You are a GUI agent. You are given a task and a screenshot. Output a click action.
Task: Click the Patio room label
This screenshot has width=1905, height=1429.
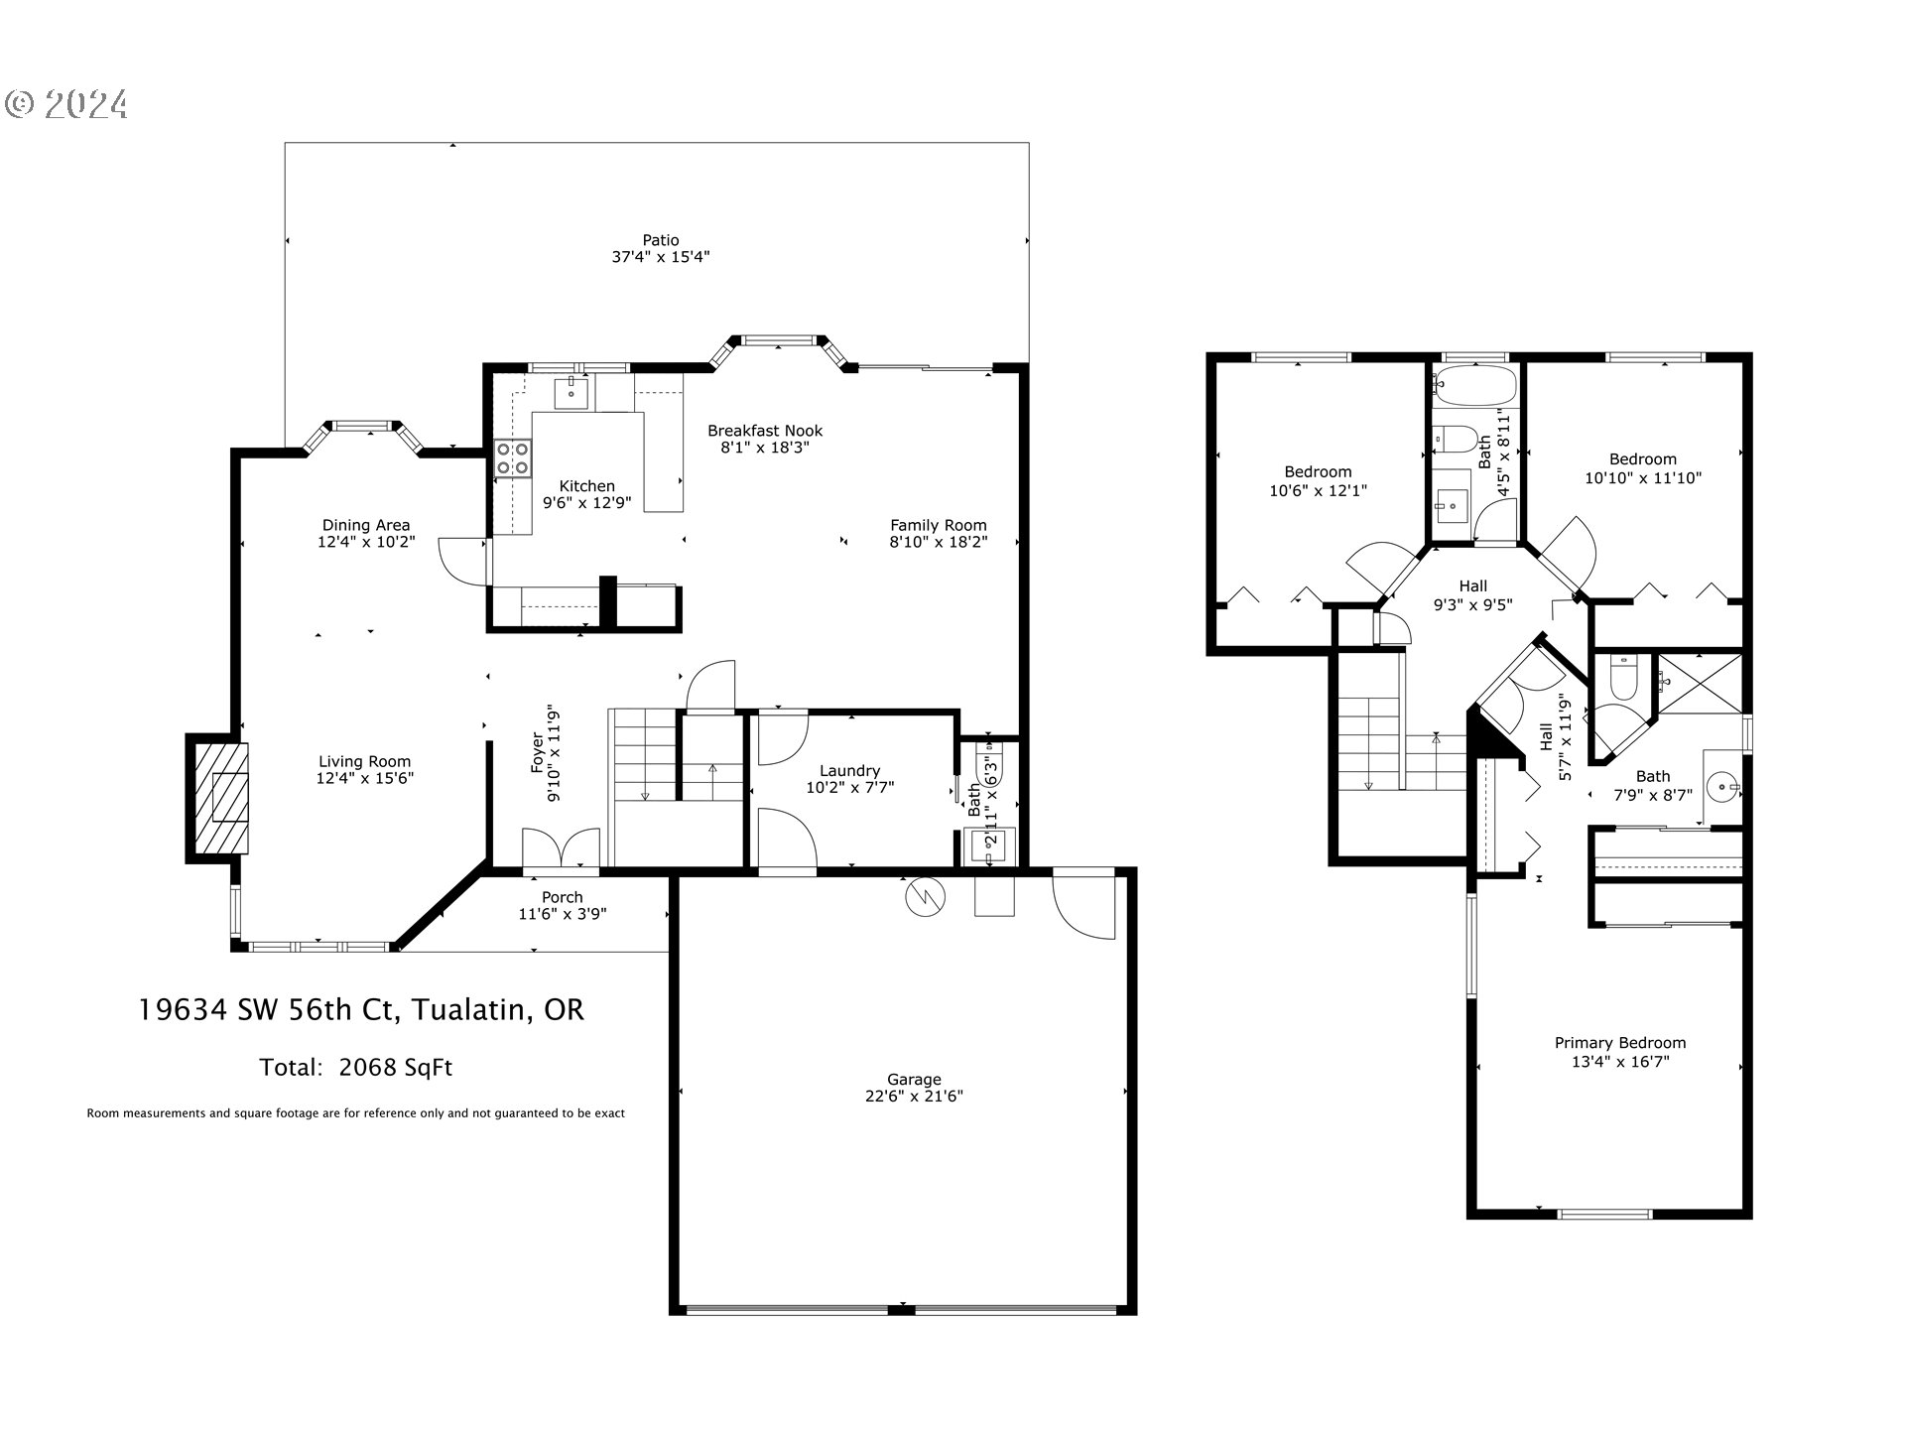coord(660,240)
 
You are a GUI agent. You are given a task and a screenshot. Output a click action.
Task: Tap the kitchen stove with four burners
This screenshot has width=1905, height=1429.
coord(513,458)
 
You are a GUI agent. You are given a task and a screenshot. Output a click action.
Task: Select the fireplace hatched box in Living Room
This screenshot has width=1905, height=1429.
coord(220,798)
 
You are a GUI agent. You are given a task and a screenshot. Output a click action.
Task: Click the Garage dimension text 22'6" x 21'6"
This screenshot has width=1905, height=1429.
coord(913,1096)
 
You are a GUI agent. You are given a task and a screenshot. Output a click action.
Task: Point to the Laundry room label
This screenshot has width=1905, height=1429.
coord(849,770)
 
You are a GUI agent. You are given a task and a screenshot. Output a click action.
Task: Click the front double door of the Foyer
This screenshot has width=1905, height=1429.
coord(561,849)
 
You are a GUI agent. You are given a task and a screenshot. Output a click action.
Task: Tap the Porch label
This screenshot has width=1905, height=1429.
coord(562,897)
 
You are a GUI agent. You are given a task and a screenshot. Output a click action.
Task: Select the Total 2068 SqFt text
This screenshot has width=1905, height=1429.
coord(355,1068)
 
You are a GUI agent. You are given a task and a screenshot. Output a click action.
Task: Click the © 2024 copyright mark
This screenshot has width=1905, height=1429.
coord(66,104)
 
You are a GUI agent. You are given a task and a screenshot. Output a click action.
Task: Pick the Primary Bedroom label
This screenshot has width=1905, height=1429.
coord(1619,1042)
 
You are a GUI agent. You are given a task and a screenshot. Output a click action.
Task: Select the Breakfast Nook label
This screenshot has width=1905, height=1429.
coord(764,431)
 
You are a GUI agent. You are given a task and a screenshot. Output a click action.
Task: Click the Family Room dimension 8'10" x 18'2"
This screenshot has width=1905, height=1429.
coord(938,542)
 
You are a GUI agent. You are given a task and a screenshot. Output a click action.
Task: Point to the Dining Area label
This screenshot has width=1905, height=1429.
coord(365,525)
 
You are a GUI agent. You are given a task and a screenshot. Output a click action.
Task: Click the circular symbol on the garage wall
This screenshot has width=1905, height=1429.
coord(925,898)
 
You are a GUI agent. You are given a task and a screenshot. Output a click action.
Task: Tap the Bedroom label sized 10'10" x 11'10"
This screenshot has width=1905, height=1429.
coord(1642,458)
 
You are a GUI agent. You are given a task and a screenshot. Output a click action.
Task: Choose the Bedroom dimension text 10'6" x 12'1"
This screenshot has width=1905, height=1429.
coord(1318,490)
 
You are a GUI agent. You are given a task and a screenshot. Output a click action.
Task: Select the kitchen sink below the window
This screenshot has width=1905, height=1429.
coord(571,390)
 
